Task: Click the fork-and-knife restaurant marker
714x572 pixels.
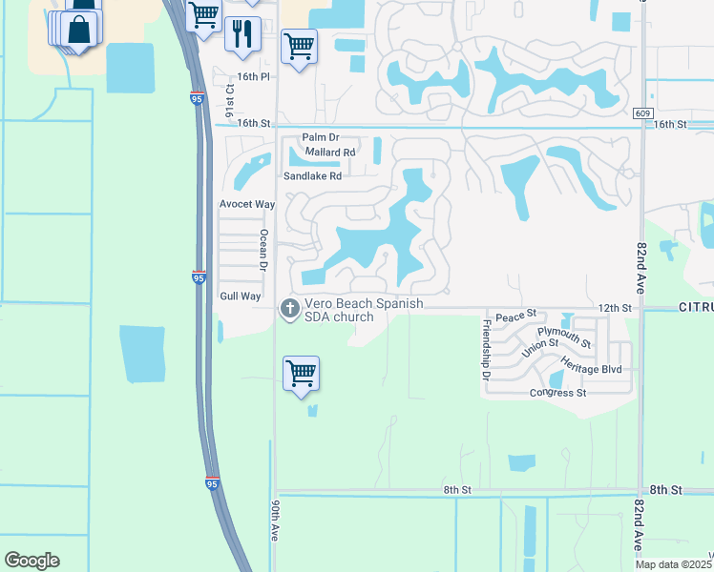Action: click(242, 34)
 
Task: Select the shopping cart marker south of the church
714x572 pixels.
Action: click(301, 373)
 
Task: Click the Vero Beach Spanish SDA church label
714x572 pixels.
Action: click(364, 310)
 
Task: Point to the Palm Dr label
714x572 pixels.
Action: click(321, 138)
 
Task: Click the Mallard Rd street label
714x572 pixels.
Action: click(330, 152)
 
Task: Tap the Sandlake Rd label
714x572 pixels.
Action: click(312, 176)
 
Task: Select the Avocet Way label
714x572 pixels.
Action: click(247, 204)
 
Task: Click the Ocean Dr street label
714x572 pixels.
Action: click(264, 250)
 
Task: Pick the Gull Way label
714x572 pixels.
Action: click(240, 296)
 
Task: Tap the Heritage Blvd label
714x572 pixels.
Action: click(591, 368)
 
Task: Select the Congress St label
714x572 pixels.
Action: click(558, 393)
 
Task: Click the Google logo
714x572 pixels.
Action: click(31, 560)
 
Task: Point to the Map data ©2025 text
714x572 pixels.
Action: click(674, 564)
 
